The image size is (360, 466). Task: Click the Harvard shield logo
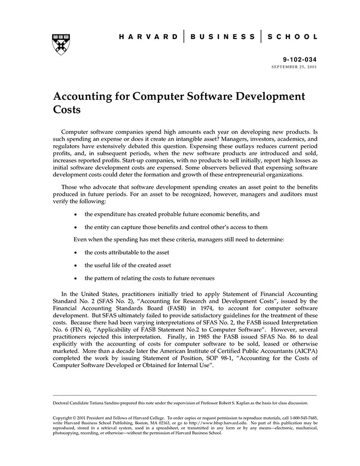point(62,45)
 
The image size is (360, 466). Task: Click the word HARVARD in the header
point(149,37)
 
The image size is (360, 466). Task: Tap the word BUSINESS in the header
point(223,37)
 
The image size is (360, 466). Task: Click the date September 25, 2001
point(295,67)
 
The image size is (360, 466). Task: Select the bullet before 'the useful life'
point(76,265)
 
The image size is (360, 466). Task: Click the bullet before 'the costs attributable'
point(76,253)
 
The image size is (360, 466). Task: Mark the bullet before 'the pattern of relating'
point(76,278)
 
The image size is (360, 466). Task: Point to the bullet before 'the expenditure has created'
point(76,214)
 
